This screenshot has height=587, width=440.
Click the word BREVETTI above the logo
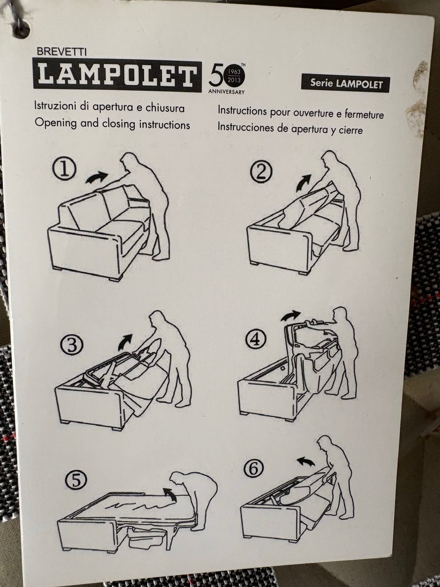tap(62, 52)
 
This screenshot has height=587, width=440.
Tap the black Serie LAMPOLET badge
tap(345, 83)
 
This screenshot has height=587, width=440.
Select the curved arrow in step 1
tap(96, 177)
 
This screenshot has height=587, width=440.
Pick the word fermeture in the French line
tap(364, 115)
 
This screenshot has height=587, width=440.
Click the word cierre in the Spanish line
tap(351, 130)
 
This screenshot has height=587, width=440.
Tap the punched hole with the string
tap(20, 29)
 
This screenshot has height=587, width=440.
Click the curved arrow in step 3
tap(125, 342)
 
